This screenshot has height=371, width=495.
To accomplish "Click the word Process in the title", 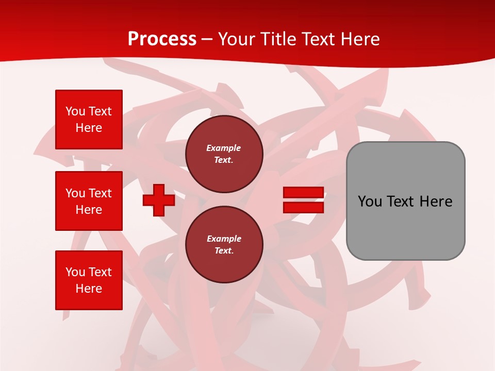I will tap(162, 39).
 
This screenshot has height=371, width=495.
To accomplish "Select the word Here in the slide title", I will tap(360, 39).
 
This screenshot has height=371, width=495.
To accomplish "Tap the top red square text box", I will tap(89, 120).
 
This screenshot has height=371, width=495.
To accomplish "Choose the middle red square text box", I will tap(89, 201).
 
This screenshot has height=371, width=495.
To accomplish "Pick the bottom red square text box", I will tap(89, 280).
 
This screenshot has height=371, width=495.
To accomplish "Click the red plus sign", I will tap(159, 200).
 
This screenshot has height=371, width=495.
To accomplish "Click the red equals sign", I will tap(303, 200).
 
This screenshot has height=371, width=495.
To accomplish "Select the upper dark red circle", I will tap(224, 154).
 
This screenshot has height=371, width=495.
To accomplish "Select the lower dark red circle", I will tap(224, 245).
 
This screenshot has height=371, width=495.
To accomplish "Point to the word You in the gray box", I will tap(370, 201).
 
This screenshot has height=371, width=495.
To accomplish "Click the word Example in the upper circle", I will tap(224, 148).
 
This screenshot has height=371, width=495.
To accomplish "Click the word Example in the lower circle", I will tap(224, 239).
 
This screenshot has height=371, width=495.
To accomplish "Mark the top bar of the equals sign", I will tap(303, 193).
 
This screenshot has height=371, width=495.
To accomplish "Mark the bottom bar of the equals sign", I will tap(303, 207).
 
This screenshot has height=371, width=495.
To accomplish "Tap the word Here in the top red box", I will tap(89, 128).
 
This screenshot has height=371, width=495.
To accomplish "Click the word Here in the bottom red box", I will tap(89, 289).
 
